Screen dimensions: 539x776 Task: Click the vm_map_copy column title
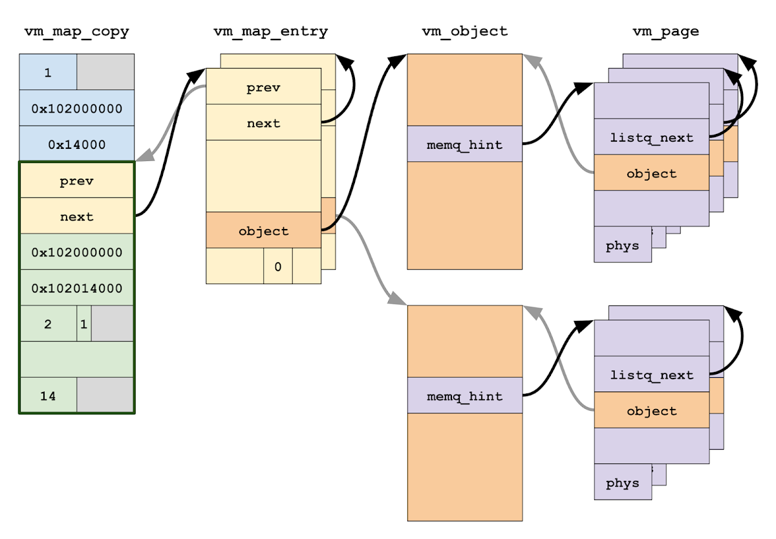[x=76, y=31]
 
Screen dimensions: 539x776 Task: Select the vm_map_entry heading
[x=270, y=31]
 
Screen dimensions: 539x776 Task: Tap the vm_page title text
[x=665, y=31]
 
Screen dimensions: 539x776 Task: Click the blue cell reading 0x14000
[x=76, y=144]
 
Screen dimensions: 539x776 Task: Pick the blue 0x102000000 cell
[x=76, y=108]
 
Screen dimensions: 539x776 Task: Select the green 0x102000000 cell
[x=76, y=252]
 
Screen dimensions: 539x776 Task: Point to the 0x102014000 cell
[x=76, y=287]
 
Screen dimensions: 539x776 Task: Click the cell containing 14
[x=48, y=395]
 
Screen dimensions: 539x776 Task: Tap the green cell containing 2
[x=48, y=324]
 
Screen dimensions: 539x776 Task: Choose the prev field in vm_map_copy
[x=76, y=181]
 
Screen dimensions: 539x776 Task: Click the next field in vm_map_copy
[x=76, y=216]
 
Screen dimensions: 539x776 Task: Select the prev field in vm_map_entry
[x=263, y=87]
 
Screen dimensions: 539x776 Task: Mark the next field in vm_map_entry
[x=263, y=122]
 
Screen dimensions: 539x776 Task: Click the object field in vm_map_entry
[x=263, y=230]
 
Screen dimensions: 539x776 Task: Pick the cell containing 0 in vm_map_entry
[x=277, y=266]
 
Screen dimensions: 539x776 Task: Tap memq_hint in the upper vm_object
[x=464, y=144]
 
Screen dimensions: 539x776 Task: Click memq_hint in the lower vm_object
[x=464, y=395]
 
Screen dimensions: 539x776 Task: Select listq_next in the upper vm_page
[x=651, y=137]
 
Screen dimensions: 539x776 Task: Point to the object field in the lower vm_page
[x=651, y=410]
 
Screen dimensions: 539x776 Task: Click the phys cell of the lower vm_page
[x=622, y=482]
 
